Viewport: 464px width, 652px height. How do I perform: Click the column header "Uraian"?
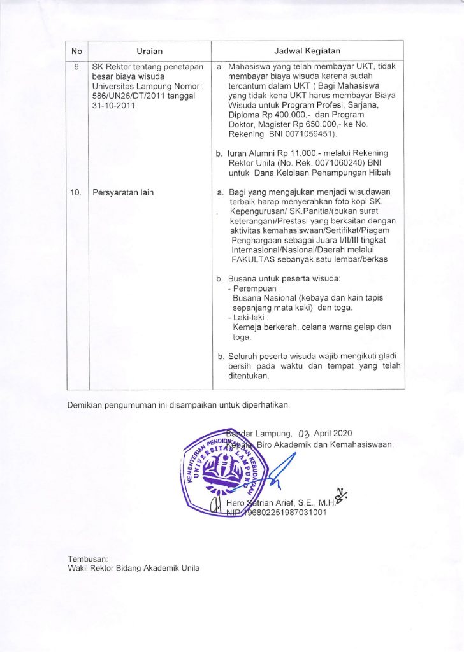click(150, 51)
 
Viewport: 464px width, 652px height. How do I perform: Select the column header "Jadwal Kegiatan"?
click(307, 51)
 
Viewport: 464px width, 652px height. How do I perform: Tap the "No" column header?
click(76, 51)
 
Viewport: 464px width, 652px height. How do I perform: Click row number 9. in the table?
click(76, 66)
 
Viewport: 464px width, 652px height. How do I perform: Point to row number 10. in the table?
click(76, 192)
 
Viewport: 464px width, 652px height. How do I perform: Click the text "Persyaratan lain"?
click(122, 192)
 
